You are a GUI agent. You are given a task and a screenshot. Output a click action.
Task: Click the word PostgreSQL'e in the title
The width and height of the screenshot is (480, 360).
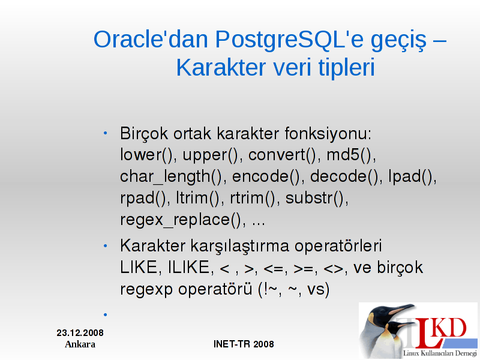pos(290,40)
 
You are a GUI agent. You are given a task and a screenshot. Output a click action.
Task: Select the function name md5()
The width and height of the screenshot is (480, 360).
pos(351,155)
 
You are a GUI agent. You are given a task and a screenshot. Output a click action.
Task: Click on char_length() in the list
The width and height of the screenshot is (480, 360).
pos(171,177)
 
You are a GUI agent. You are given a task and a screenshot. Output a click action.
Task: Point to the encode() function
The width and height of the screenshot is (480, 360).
pos(266,176)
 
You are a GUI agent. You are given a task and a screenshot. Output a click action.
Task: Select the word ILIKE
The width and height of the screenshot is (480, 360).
pos(189,267)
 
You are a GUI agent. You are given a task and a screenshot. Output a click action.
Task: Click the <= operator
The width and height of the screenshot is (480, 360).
pos(273,269)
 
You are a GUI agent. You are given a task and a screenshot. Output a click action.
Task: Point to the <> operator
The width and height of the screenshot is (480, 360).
pos(334,269)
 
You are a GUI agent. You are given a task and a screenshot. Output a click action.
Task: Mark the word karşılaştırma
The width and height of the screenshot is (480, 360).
pos(240,247)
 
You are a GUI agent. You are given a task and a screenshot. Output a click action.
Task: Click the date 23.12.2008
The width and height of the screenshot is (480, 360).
pos(80,333)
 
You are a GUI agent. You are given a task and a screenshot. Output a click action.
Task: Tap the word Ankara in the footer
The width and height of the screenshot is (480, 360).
pos(80,344)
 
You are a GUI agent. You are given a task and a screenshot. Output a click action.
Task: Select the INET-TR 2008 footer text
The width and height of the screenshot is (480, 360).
pos(244,344)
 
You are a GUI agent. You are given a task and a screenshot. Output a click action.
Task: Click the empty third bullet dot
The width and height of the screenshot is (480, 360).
pos(106,314)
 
